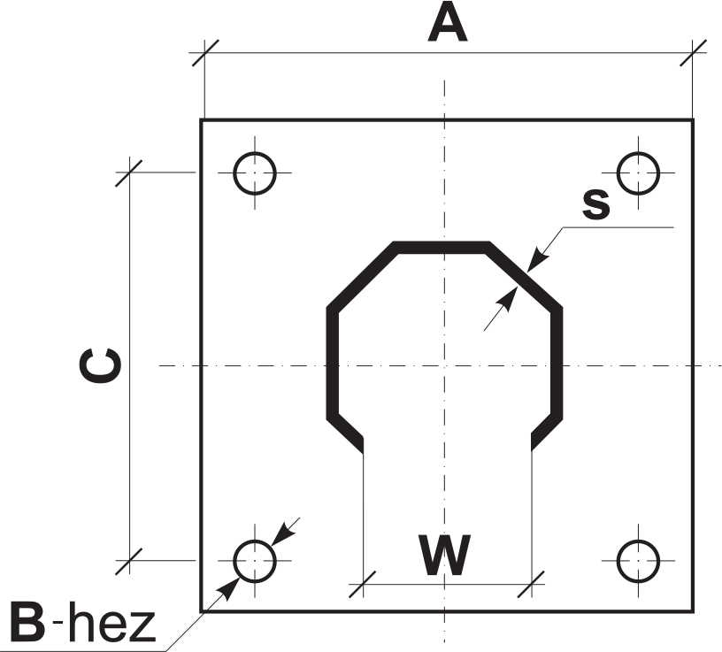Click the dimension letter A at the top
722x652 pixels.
click(448, 23)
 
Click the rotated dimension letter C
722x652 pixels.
click(100, 365)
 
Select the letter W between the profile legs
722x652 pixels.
click(445, 555)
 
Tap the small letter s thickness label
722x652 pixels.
click(596, 204)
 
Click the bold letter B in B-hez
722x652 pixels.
click(27, 621)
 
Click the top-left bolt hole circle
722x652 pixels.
click(255, 173)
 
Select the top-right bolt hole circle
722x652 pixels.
click(638, 173)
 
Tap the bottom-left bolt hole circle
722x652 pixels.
click(255, 561)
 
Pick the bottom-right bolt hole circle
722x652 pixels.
click(638, 561)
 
